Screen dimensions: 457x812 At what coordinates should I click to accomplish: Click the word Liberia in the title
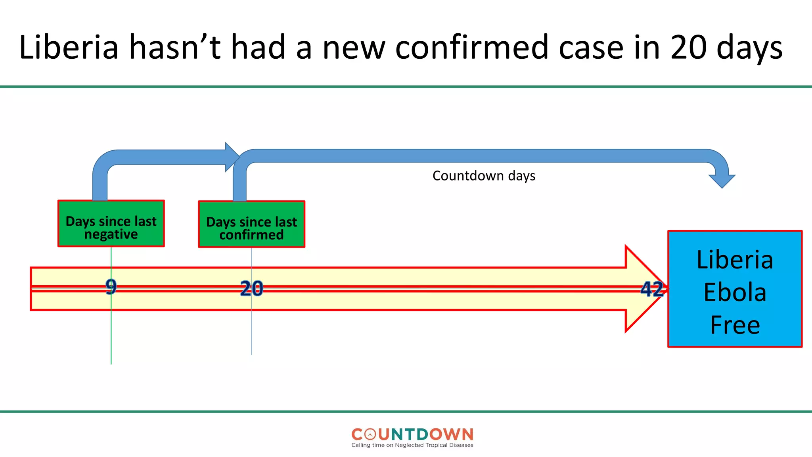point(69,48)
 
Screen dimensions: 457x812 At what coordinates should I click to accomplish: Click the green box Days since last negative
point(111,224)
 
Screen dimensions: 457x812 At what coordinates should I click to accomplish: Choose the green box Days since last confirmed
point(251,225)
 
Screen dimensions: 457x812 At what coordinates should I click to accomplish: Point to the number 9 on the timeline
point(111,286)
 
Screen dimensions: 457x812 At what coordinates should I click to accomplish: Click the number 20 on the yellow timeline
point(251,288)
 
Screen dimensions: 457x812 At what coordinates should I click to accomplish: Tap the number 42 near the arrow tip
point(652,289)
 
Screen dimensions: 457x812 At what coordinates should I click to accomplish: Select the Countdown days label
point(484,176)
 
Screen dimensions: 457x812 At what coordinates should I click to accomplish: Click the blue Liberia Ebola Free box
point(735,289)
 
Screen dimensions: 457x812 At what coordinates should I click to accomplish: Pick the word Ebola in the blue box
point(735,293)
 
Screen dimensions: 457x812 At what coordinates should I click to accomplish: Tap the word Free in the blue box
point(735,325)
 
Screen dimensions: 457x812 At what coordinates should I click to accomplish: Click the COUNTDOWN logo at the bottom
point(412,434)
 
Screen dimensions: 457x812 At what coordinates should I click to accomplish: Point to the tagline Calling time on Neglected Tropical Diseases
point(412,445)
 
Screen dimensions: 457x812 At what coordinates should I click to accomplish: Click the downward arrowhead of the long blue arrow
point(722,181)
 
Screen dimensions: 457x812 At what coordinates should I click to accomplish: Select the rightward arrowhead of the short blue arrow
point(232,157)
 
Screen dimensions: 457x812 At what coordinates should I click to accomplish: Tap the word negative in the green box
point(111,234)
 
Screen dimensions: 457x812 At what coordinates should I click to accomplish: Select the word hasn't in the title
point(174,48)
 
